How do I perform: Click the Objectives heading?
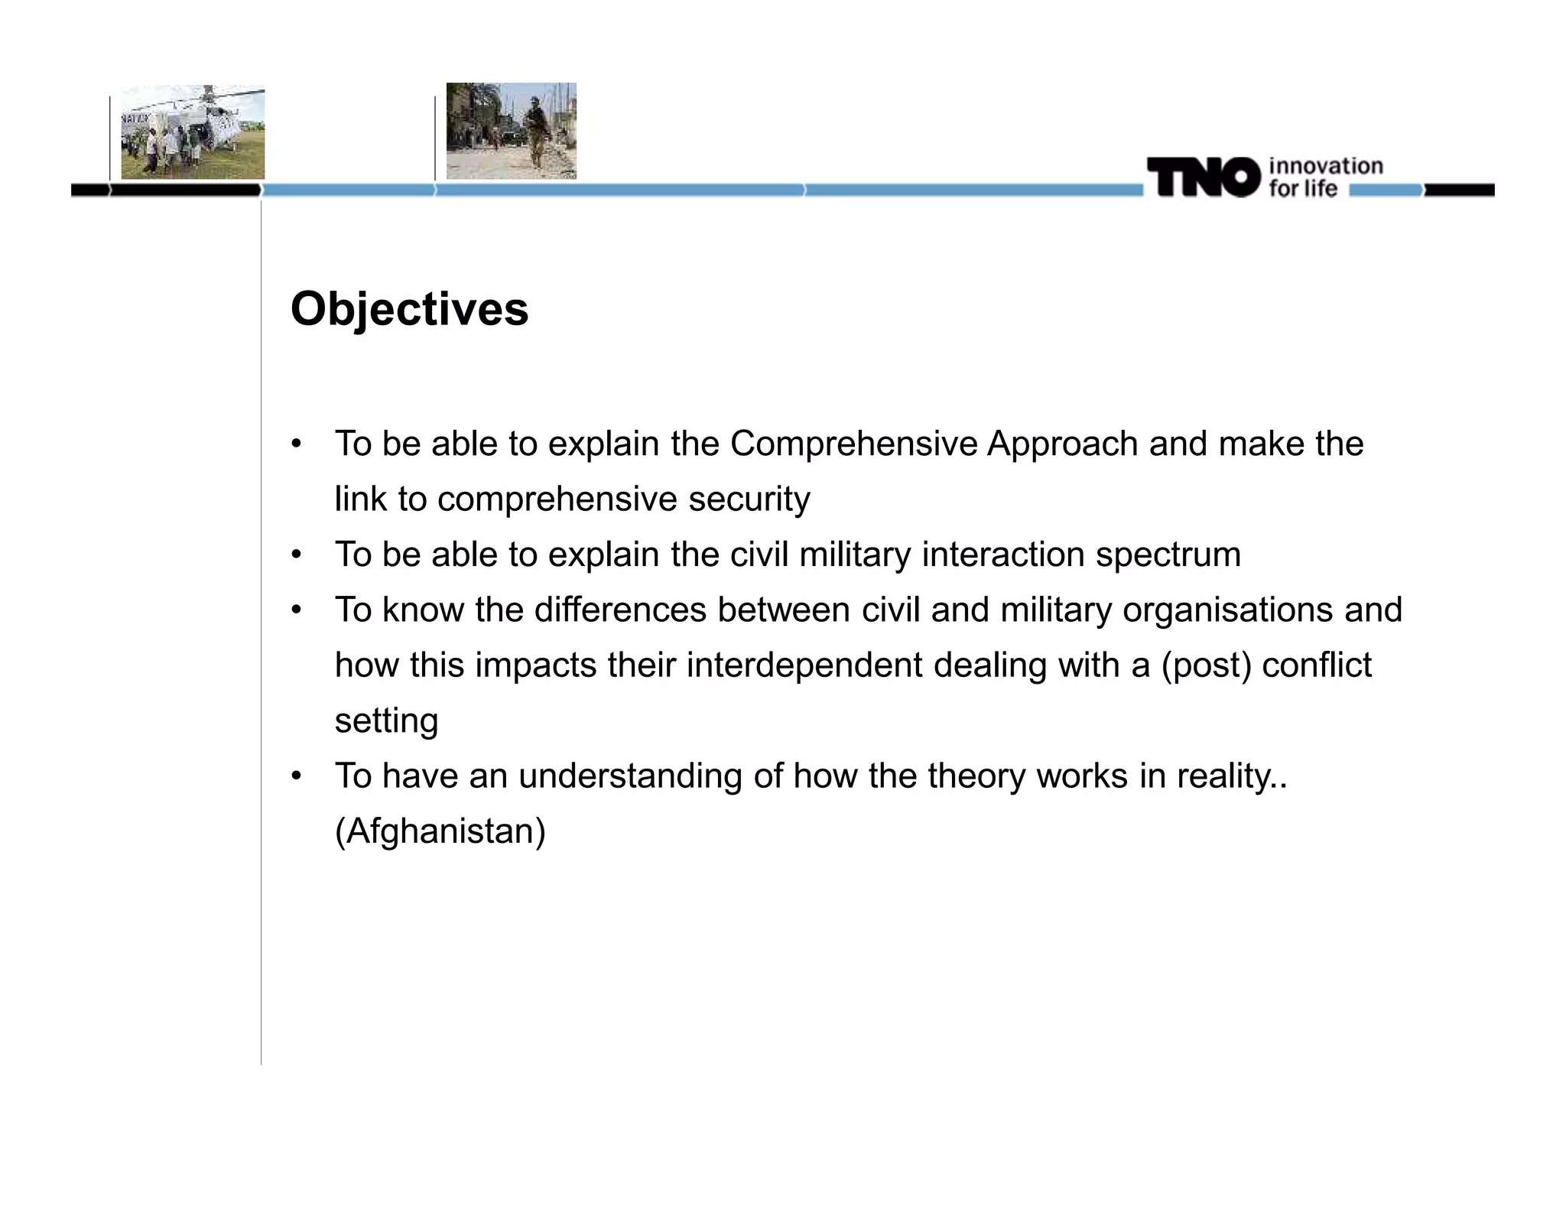pyautogui.click(x=409, y=309)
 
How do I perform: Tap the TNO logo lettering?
pyautogui.click(x=1203, y=177)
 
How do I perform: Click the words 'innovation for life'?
pyautogui.click(x=1324, y=177)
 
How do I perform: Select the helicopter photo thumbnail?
pyautogui.click(x=193, y=132)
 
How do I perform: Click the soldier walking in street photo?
pyautogui.click(x=511, y=131)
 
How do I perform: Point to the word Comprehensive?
pyautogui.click(x=853, y=444)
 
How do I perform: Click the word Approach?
pyautogui.click(x=1062, y=444)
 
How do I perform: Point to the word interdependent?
pyautogui.click(x=804, y=665)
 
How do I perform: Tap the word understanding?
pyautogui.click(x=630, y=776)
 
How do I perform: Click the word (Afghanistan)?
pyautogui.click(x=440, y=831)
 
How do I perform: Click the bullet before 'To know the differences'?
pyautogui.click(x=297, y=610)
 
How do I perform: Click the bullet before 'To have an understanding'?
pyautogui.click(x=297, y=776)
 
